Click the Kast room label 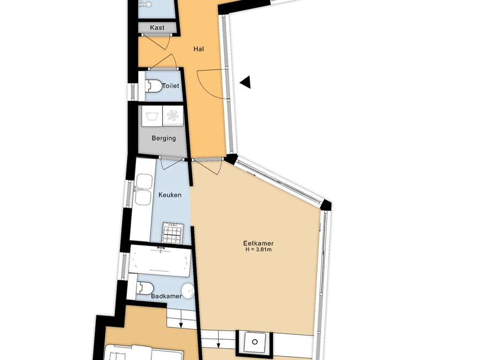point(157,27)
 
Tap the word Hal point(199,49)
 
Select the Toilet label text point(170,86)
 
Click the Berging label point(164,138)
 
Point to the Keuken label point(170,194)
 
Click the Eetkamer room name point(258,243)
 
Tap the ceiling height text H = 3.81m point(259,250)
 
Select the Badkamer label point(166,296)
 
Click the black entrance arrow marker point(245,82)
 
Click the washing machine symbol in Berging point(152,116)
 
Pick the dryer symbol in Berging point(173,116)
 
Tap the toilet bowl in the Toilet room point(154,86)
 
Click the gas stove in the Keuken point(173,232)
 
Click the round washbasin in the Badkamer point(187,290)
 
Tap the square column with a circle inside point(254,342)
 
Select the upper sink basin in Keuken point(144,181)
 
